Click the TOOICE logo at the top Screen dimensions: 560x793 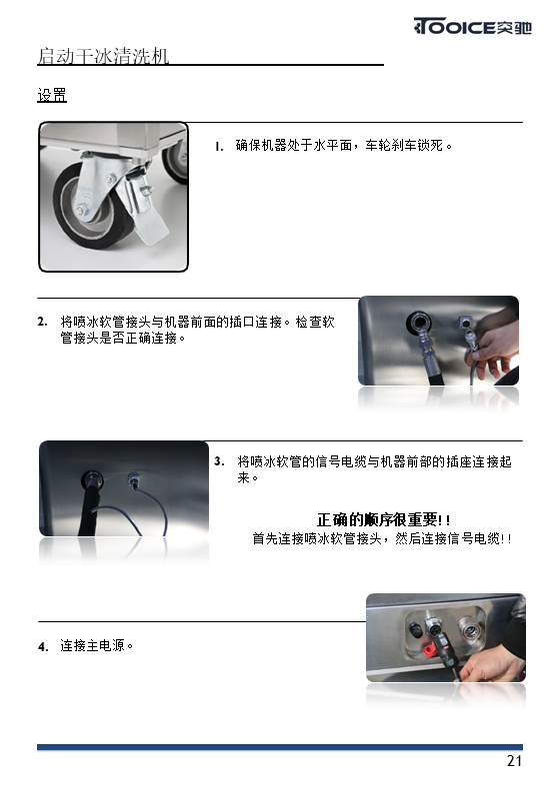coord(472,26)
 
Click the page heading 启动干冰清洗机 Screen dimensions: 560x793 coord(103,56)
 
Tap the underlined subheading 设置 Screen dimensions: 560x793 coord(52,95)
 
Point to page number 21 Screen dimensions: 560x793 coord(514,761)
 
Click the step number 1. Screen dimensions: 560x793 coord(219,147)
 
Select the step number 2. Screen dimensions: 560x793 coord(43,322)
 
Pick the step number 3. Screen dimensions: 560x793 coord(219,461)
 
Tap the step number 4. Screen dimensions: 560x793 coord(43,646)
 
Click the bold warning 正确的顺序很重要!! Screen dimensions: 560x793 coord(383,520)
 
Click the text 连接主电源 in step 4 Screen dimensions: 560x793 coord(93,646)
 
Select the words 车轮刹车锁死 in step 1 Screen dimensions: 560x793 coord(404,146)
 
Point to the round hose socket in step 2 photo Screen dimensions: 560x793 coord(420,323)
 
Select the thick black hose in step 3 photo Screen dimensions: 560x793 coord(91,505)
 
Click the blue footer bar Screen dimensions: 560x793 coord(280,747)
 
